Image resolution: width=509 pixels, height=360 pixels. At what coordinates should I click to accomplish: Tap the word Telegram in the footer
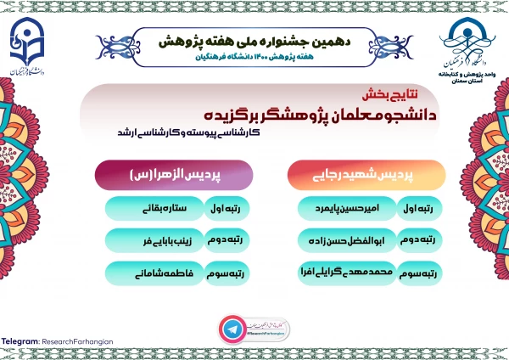(20, 341)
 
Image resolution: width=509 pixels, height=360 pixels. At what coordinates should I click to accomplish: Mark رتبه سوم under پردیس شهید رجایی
(421, 274)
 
